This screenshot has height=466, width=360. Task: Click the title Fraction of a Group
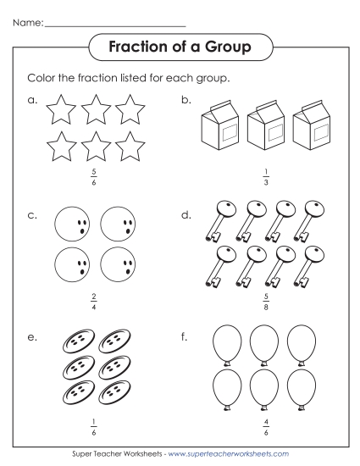(180, 46)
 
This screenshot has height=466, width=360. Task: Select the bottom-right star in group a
(130, 147)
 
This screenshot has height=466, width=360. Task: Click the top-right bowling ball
(119, 225)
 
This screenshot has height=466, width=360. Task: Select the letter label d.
(186, 216)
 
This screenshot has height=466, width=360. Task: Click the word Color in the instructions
(43, 78)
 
